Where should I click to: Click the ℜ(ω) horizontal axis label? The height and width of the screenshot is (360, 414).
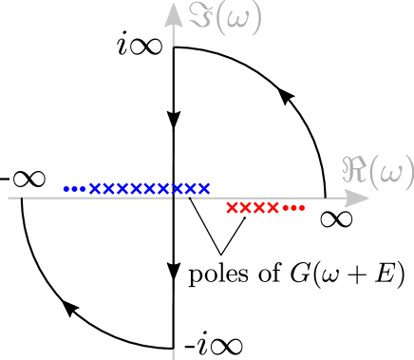click(x=378, y=171)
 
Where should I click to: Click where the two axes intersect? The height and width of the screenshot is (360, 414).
click(x=173, y=199)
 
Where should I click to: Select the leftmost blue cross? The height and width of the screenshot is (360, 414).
click(x=95, y=188)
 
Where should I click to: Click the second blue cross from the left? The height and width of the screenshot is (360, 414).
click(x=108, y=188)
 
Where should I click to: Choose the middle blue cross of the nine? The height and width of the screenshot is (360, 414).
click(x=149, y=188)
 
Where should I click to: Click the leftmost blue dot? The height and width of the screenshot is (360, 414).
click(x=66, y=188)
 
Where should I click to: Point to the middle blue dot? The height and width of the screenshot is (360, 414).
click(x=74, y=188)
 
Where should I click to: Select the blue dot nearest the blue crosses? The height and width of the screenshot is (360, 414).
click(x=82, y=188)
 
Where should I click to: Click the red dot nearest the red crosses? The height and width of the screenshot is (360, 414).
click(x=287, y=208)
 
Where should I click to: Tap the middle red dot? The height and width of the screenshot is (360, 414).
click(x=294, y=208)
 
